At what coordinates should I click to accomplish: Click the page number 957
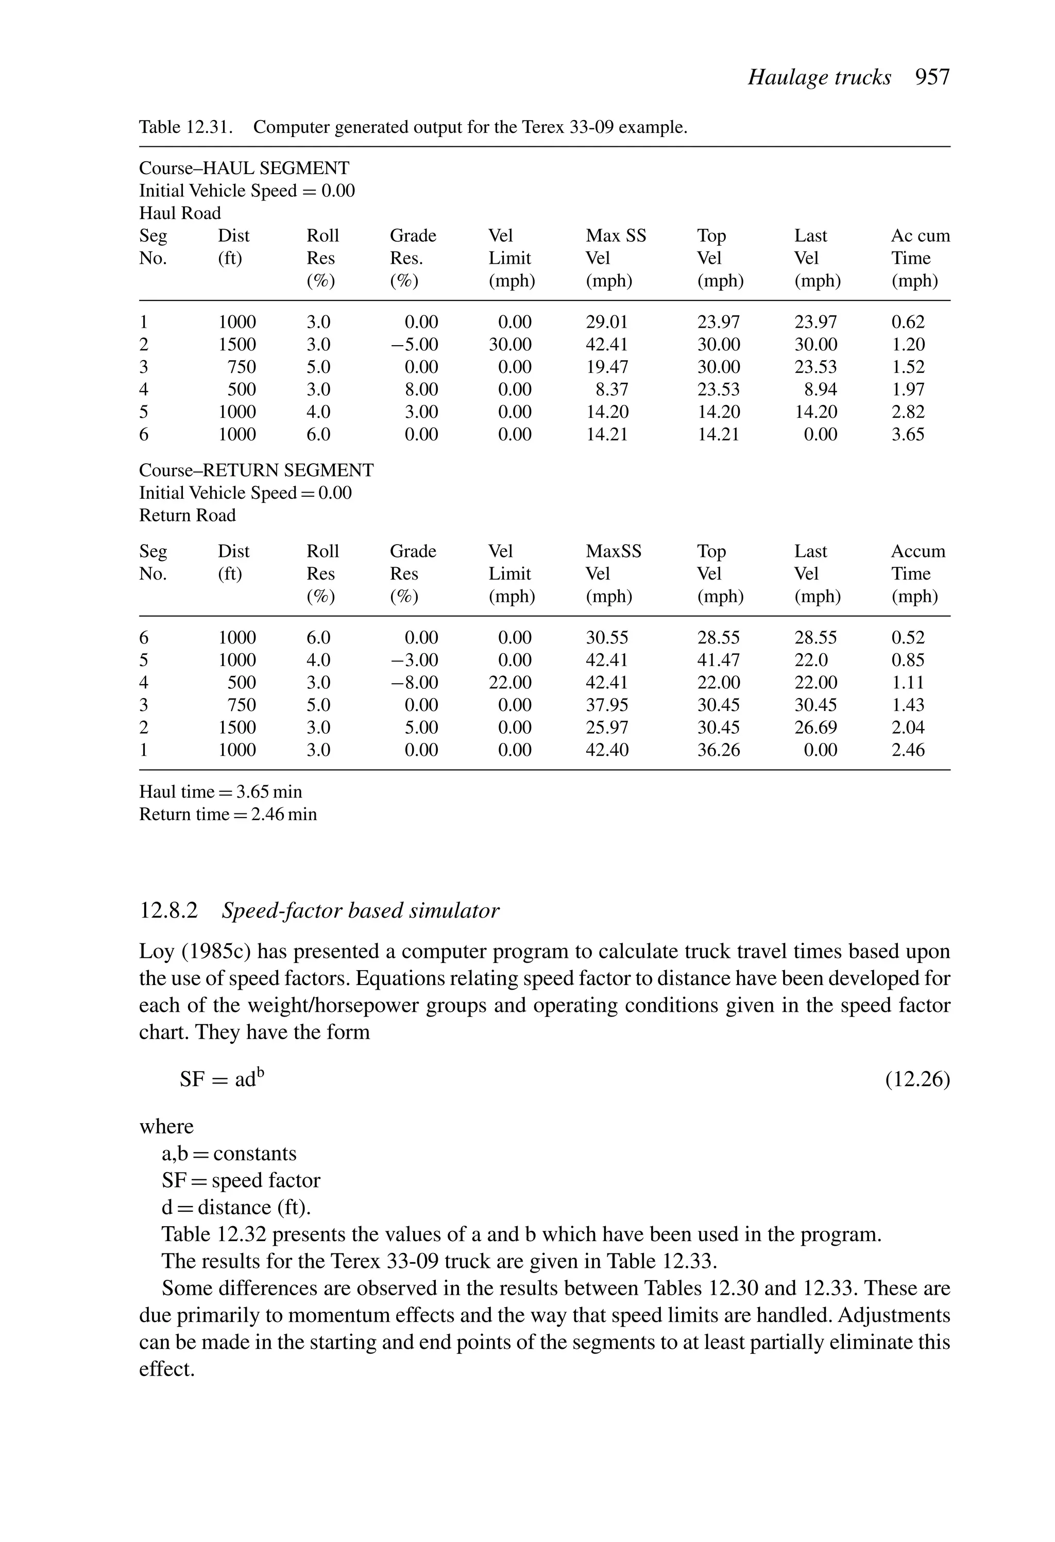932,78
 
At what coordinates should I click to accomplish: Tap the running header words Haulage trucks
820,78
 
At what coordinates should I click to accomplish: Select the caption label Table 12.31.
186,127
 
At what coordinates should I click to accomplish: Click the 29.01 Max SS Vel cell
606,323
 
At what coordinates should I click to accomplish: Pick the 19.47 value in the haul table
606,367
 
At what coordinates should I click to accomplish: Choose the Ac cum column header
920,236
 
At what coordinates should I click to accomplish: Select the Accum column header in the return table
917,551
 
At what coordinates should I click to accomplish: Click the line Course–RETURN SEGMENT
256,470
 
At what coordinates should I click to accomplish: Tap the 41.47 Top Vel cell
718,660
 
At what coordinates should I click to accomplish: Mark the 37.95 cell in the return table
606,705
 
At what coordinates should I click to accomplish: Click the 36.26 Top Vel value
718,751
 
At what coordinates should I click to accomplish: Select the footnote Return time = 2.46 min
228,814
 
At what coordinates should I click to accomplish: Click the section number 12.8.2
168,910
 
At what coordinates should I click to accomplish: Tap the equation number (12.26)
917,1079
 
